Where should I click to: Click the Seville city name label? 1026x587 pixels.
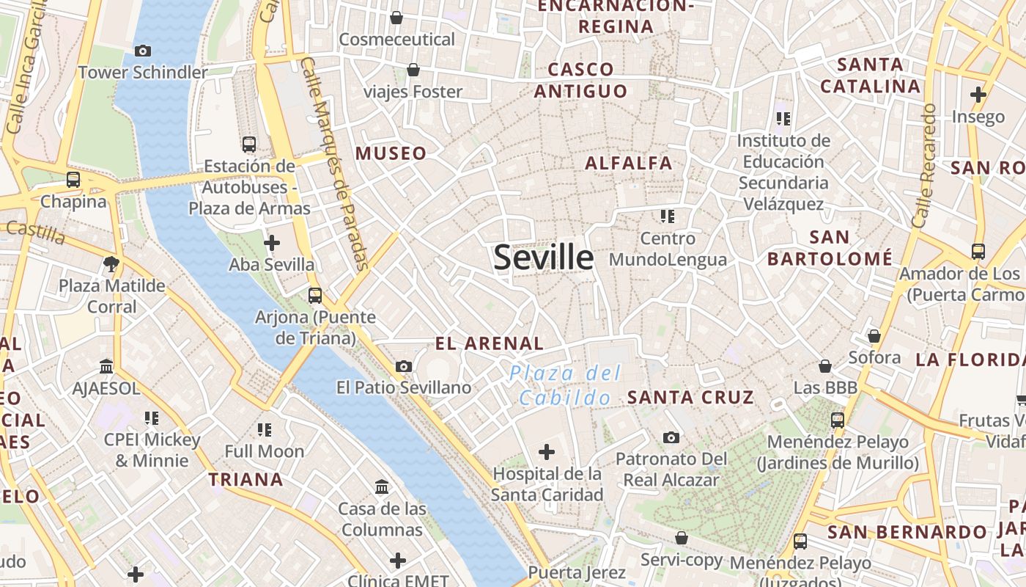pos(543,258)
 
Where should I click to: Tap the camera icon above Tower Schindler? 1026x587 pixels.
pos(143,51)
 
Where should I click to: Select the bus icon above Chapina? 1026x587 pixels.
pos(73,179)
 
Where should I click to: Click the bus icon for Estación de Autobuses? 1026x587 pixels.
pos(249,144)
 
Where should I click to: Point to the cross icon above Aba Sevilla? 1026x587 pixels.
pos(272,242)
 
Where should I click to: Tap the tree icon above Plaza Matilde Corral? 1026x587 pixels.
pos(111,263)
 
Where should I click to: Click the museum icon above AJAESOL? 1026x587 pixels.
pos(106,366)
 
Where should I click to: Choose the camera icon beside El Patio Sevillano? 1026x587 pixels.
pos(403,366)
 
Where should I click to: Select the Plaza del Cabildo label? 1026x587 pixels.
pos(565,385)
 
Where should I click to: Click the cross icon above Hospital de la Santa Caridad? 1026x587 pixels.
pos(547,452)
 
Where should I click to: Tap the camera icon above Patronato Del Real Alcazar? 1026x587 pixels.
pos(671,437)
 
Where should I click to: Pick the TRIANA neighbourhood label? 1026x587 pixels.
pos(246,480)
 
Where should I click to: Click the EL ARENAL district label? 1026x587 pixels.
pos(489,343)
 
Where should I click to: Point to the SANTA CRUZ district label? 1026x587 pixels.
pos(690,398)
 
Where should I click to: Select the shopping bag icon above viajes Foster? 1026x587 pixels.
pos(413,70)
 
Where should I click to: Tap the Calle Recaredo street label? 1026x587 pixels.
pos(924,165)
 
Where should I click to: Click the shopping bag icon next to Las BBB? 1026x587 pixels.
pos(825,365)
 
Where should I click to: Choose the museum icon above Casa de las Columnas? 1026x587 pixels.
pos(382,486)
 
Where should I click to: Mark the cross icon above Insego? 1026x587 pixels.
pos(978,95)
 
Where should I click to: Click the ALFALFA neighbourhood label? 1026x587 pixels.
pos(628,163)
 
